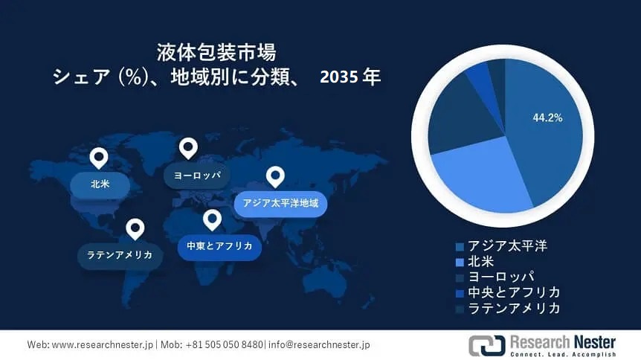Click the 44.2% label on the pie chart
pyautogui.click(x=547, y=118)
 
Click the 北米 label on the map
pyautogui.click(x=100, y=183)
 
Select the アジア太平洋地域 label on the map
pyautogui.click(x=280, y=202)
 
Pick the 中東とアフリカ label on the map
pyautogui.click(x=219, y=245)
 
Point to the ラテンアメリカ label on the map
pyautogui.click(x=120, y=254)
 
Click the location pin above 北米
pyautogui.click(x=98, y=158)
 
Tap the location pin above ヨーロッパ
pyautogui.click(x=188, y=147)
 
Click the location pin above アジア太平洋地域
pyautogui.click(x=276, y=176)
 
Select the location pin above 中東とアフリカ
pyautogui.click(x=212, y=219)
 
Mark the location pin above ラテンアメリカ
pyautogui.click(x=135, y=228)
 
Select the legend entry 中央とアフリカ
pyautogui.click(x=513, y=292)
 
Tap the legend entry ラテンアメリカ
pyautogui.click(x=513, y=307)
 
